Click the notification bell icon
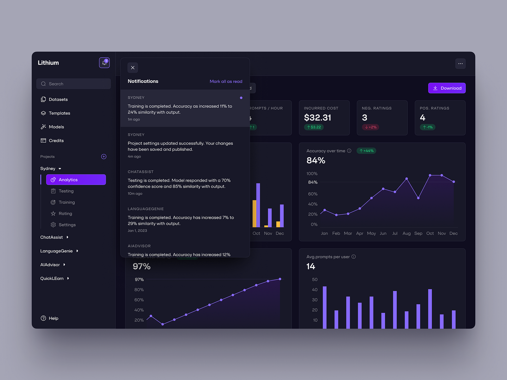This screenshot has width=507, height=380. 104,63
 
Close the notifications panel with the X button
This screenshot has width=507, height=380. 133,67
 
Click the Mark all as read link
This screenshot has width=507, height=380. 226,81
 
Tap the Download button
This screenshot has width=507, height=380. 447,88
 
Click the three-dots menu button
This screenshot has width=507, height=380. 460,64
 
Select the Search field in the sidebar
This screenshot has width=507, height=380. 74,84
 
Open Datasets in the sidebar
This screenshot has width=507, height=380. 58,99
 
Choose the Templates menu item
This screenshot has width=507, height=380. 59,113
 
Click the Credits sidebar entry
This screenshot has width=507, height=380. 56,141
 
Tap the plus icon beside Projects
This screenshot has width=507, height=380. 104,156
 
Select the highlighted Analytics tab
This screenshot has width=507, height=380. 76,180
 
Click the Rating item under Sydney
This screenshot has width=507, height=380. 65,213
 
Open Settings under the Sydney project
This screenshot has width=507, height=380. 67,225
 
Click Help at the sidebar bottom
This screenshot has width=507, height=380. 53,318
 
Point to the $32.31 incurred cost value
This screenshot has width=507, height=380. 318,118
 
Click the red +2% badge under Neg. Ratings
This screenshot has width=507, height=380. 370,127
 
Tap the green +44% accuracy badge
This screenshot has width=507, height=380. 367,151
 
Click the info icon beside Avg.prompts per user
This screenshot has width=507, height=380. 354,256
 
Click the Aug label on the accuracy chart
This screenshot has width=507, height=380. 407,233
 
